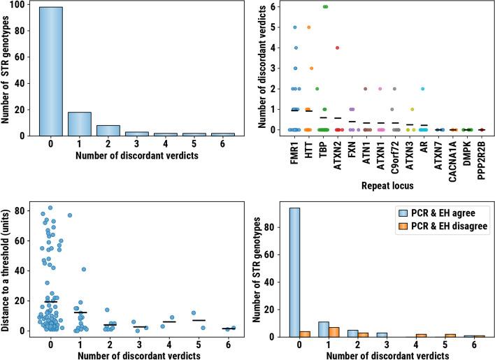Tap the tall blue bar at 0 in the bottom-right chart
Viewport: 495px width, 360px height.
pyautogui.click(x=294, y=272)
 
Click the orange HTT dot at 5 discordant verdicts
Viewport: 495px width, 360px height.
pyautogui.click(x=308, y=27)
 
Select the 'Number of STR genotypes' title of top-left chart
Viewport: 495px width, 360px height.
pyautogui.click(x=8, y=71)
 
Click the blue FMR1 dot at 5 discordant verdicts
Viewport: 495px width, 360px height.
pyautogui.click(x=295, y=27)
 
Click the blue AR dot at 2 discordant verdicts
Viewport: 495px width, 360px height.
pyautogui.click(x=422, y=89)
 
